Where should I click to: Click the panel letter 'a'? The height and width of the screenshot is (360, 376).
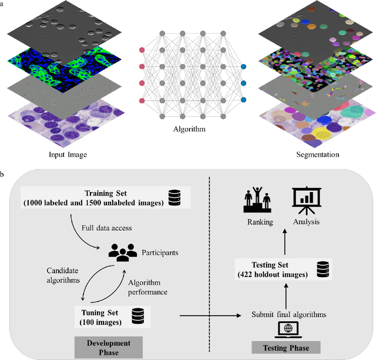coord(4,4)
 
